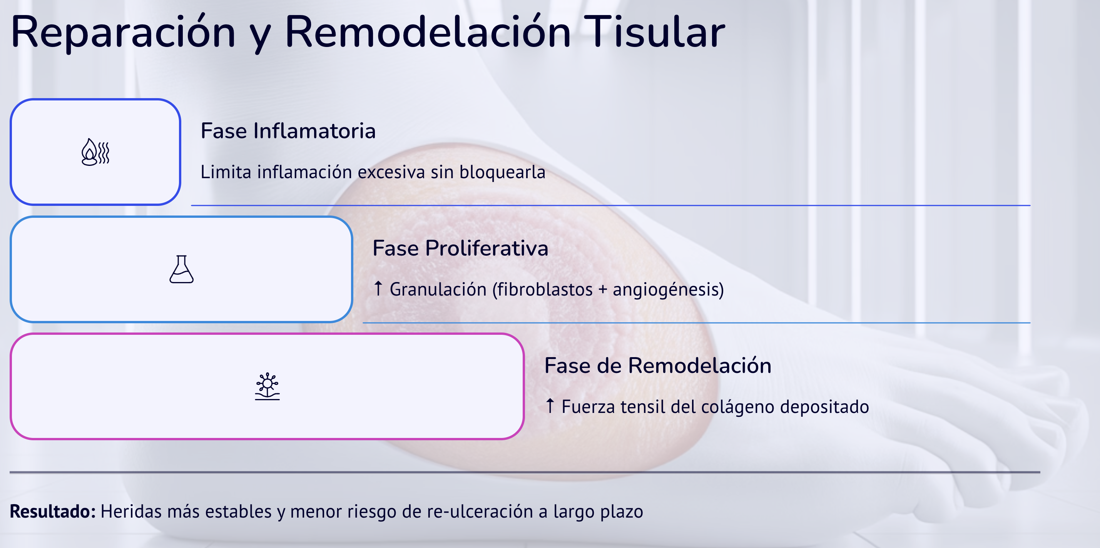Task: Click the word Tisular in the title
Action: pos(654,32)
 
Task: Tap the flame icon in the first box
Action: pos(95,152)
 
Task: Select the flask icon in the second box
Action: pos(182,269)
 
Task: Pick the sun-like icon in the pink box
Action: pos(267,386)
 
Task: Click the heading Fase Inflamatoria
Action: pos(288,131)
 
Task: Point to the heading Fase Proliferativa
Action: pos(460,248)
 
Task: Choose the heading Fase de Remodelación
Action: pos(658,366)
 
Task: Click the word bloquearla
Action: pos(502,172)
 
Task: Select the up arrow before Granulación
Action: pos(378,288)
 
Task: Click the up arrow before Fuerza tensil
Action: pos(550,405)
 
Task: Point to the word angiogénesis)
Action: pos(668,290)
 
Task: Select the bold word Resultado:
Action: pos(52,511)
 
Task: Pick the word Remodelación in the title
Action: pos(428,32)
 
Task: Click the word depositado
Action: pos(824,407)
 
